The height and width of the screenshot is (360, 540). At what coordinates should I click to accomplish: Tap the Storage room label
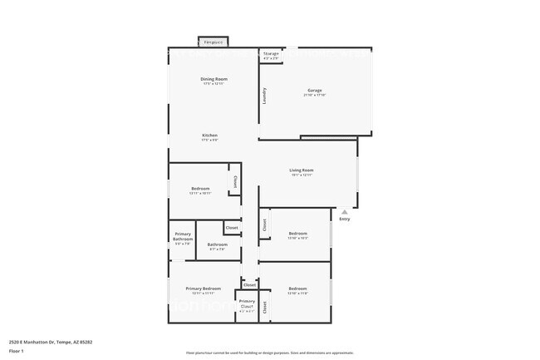pyautogui.click(x=271, y=54)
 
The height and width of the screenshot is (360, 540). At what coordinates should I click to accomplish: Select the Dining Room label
pyautogui.click(x=214, y=79)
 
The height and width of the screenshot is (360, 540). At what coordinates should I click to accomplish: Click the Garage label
pyautogui.click(x=315, y=90)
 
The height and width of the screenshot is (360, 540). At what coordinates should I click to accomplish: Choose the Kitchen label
pyautogui.click(x=209, y=136)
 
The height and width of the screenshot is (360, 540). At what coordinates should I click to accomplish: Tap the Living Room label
pyautogui.click(x=302, y=170)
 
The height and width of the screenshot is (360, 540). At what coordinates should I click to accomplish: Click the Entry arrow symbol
pyautogui.click(x=344, y=211)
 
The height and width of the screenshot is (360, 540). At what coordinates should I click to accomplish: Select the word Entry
pyautogui.click(x=344, y=219)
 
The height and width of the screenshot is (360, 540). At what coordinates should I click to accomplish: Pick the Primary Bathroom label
pyautogui.click(x=183, y=237)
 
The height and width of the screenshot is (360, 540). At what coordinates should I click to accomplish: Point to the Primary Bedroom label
pyautogui.click(x=204, y=288)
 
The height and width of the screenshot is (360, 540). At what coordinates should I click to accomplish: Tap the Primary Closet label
pyautogui.click(x=247, y=304)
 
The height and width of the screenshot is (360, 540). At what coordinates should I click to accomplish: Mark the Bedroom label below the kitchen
pyautogui.click(x=200, y=188)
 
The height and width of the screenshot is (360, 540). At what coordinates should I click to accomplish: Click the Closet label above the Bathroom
pyautogui.click(x=232, y=228)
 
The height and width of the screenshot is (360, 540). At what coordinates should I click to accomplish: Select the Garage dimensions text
pyautogui.click(x=315, y=95)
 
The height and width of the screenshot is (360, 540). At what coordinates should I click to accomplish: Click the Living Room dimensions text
pyautogui.click(x=302, y=175)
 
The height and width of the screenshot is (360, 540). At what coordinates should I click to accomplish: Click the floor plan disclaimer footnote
pyautogui.click(x=270, y=353)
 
